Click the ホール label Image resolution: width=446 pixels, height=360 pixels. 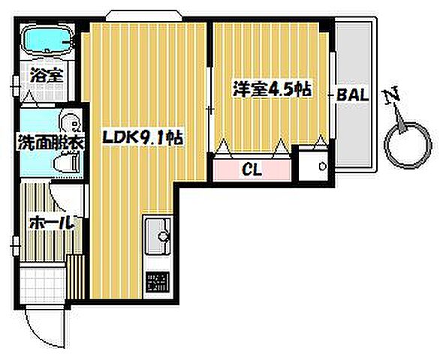coord(51,223)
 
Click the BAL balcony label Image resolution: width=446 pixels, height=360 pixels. coord(352,95)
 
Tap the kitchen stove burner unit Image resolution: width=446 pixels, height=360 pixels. coord(158,280)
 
